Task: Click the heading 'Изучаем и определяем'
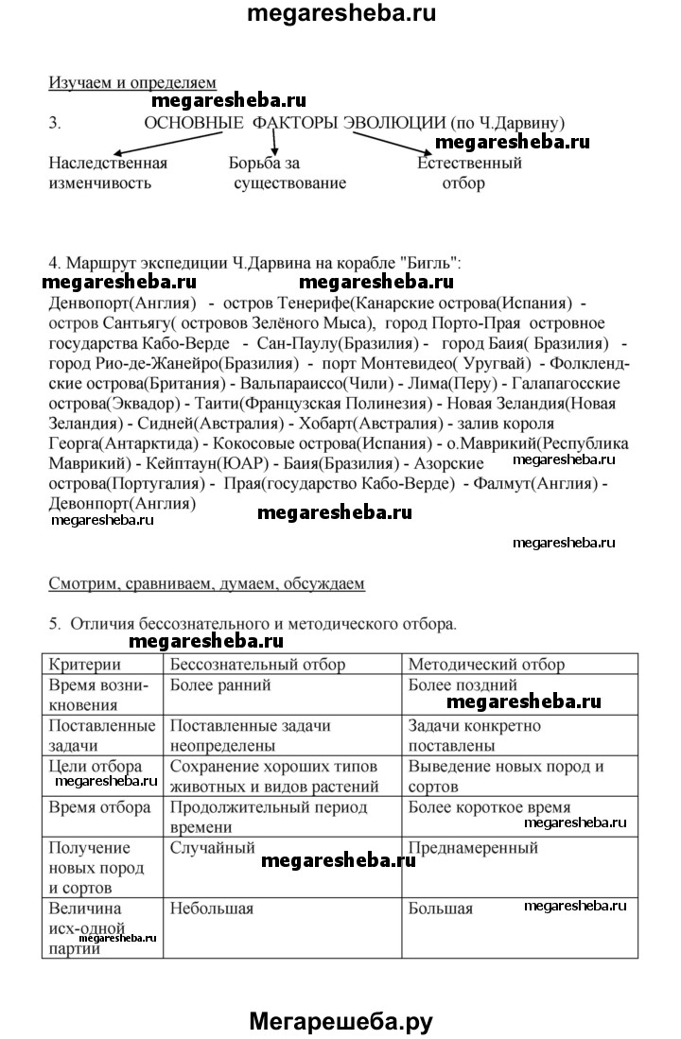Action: (x=132, y=82)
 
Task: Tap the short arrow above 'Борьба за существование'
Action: (x=275, y=143)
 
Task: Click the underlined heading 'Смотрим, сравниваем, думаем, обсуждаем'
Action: (x=206, y=583)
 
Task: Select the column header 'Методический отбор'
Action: (x=486, y=665)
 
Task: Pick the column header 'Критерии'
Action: (x=84, y=665)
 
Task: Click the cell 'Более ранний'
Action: (x=220, y=685)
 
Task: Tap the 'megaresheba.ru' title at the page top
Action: (x=341, y=14)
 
